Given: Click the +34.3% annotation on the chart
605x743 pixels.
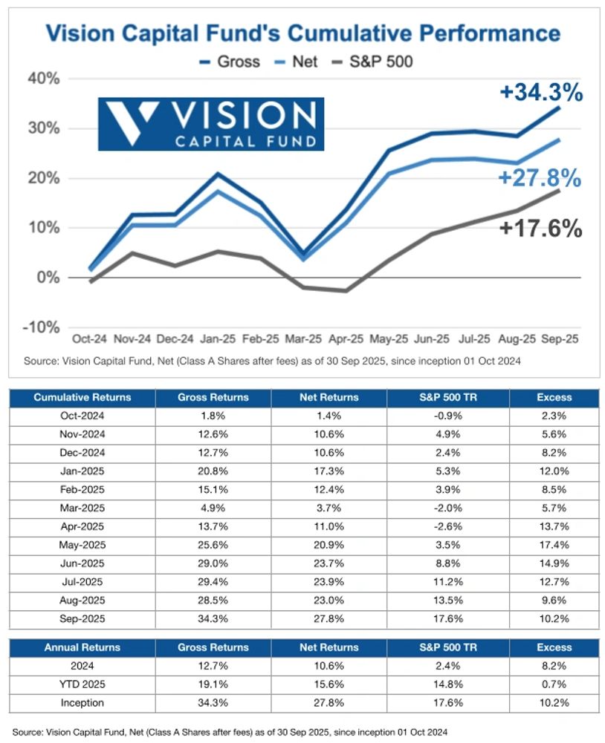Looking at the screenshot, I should (540, 93).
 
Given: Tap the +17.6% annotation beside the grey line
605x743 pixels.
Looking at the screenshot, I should (540, 229).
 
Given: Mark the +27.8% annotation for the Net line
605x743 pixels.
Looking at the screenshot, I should (540, 178).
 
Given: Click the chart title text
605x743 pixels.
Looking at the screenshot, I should (302, 33).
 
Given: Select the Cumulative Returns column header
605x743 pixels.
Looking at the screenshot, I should (82, 398).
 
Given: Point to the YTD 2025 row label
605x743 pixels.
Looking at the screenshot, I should (82, 684).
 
